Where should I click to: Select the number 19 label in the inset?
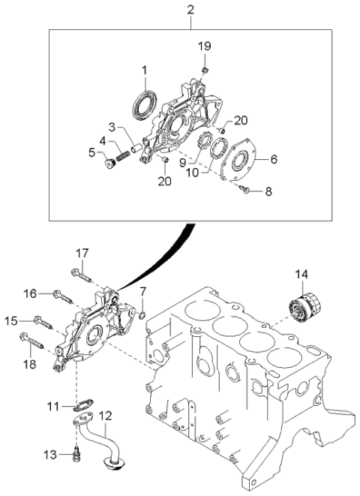(x=204, y=47)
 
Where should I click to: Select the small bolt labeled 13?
(x=76, y=452)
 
